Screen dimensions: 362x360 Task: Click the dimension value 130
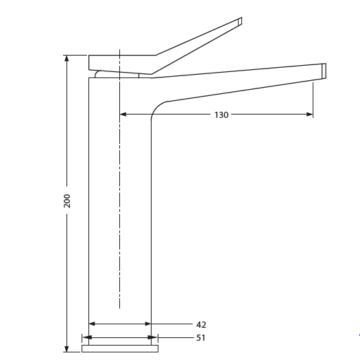coord(221,114)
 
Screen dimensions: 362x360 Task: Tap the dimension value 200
coord(67,200)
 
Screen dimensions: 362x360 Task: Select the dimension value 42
coord(201,324)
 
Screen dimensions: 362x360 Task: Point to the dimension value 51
coord(201,337)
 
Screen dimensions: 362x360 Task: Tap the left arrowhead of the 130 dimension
coord(123,114)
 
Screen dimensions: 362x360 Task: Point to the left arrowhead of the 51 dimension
coord(86,337)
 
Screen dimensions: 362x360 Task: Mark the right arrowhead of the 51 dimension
coord(154,337)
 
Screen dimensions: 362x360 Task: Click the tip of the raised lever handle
coord(240,21)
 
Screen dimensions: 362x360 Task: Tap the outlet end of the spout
coord(324,71)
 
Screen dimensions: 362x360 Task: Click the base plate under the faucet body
coord(119,348)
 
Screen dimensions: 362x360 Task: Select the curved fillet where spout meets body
coord(157,108)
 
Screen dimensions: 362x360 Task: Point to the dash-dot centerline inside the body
coord(119,206)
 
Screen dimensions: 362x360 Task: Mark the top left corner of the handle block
coord(89,56)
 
